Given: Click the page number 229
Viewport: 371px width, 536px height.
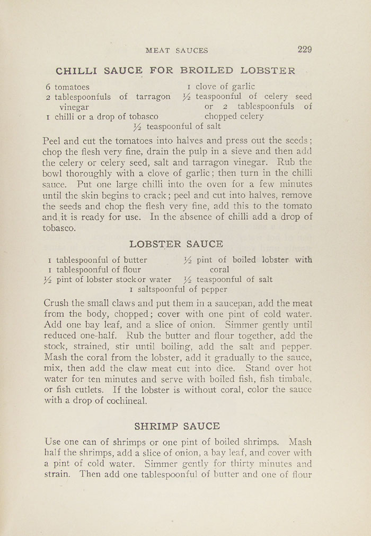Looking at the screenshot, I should (305, 50).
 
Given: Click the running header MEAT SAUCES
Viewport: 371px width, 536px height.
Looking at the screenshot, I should (176, 50).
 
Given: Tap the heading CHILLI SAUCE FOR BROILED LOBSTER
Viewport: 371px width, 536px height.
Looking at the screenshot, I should (175, 71).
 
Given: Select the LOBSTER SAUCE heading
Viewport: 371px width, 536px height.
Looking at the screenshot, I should (176, 244).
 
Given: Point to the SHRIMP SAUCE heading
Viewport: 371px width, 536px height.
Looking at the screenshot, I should (177, 426).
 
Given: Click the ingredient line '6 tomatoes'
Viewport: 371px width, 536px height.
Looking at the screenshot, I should (67, 87).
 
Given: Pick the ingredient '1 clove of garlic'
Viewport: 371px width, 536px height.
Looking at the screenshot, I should (220, 87).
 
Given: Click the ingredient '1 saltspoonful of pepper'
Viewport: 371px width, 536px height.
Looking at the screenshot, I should (178, 289).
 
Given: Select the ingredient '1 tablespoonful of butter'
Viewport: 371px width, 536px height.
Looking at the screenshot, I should (98, 260).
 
